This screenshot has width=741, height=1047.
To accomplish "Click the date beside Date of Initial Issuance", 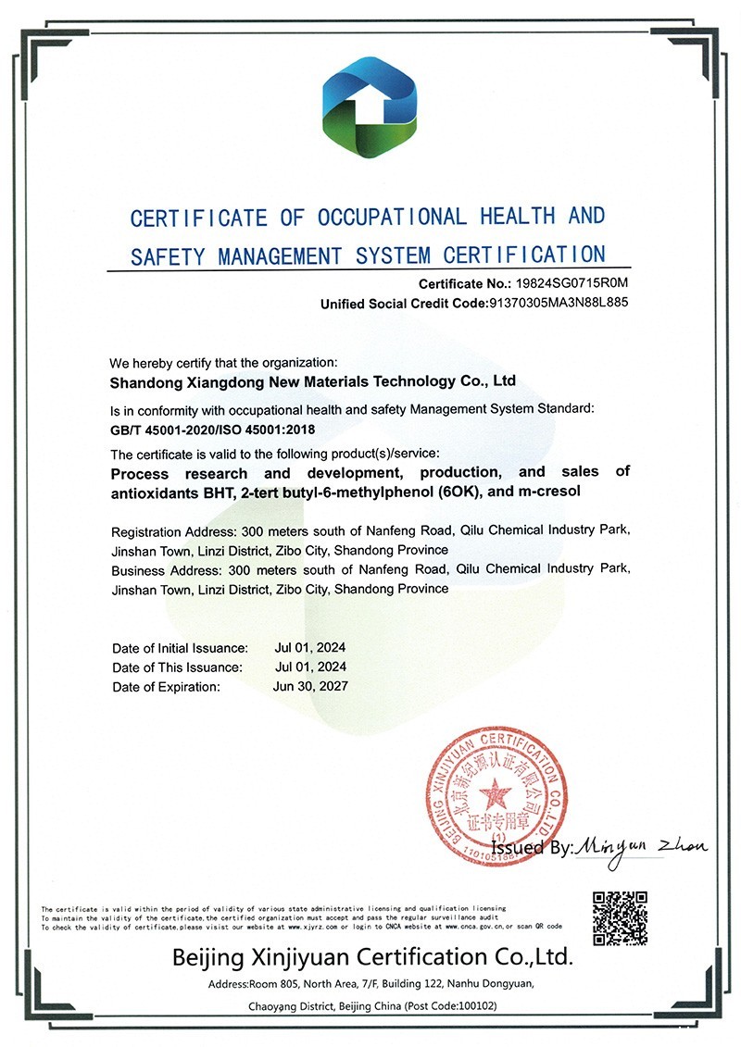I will pyautogui.click(x=310, y=647).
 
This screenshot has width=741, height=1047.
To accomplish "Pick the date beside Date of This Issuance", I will pyautogui.click(x=310, y=667).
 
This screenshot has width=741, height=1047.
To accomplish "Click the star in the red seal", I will pyautogui.click(x=497, y=793).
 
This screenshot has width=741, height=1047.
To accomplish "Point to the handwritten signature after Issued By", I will pyautogui.click(x=641, y=846).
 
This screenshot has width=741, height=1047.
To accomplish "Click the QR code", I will pyautogui.click(x=620, y=917).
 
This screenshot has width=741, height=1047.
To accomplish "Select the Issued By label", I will pyautogui.click(x=532, y=847).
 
